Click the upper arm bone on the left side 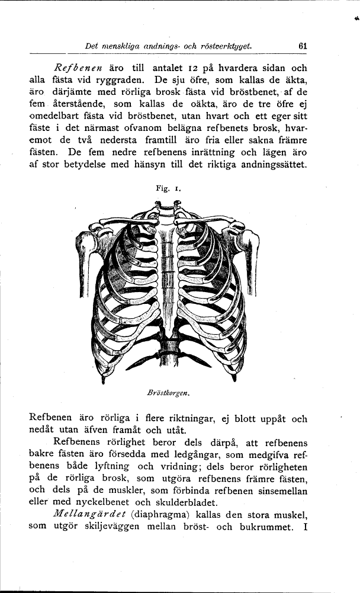tap(82, 255)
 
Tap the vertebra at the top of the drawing tap(168, 208)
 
